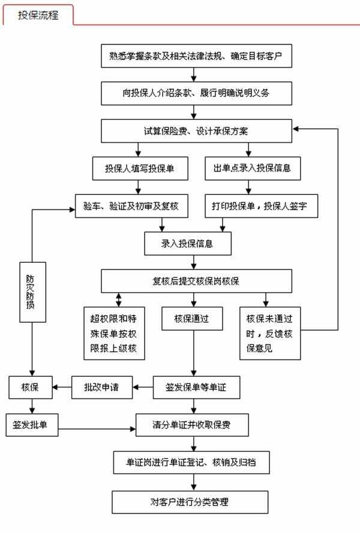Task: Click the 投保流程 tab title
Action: pyautogui.click(x=38, y=15)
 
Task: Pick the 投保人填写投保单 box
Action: pyautogui.click(x=139, y=168)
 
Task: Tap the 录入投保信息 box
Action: pyautogui.click(x=187, y=243)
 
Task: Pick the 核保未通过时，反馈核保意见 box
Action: pyautogui.click(x=269, y=334)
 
